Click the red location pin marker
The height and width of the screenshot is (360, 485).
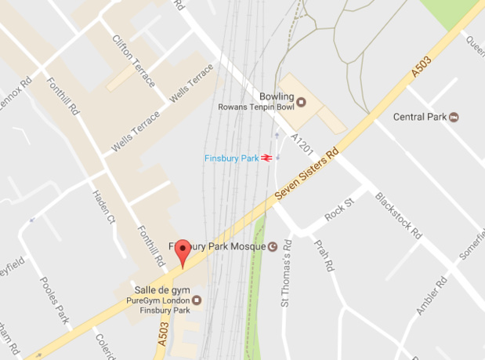pos(183,251)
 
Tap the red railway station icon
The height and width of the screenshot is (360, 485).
pos(267,158)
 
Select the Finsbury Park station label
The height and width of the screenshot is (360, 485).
pos(231,158)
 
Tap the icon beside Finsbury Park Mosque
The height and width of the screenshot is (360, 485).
pos(273,245)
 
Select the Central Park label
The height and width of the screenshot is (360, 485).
pos(419,118)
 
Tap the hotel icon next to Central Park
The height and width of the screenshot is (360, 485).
pos(454,118)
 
